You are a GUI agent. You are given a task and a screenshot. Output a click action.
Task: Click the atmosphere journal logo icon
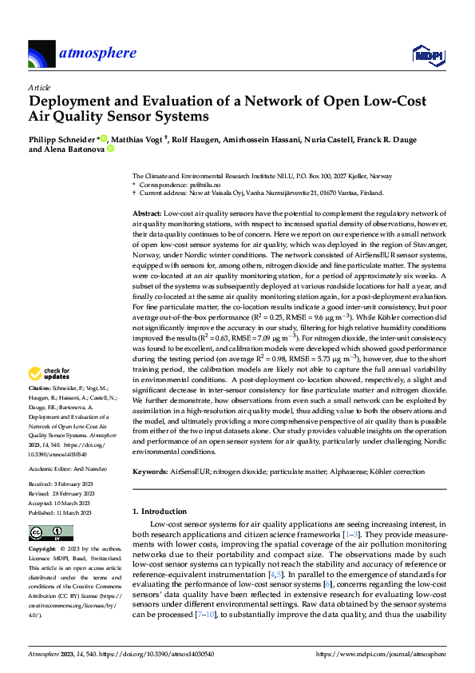coord(41,54)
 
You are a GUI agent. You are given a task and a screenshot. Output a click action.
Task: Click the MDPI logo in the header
coord(427,54)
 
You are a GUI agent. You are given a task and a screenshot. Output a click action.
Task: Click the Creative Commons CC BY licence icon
coord(51,532)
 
